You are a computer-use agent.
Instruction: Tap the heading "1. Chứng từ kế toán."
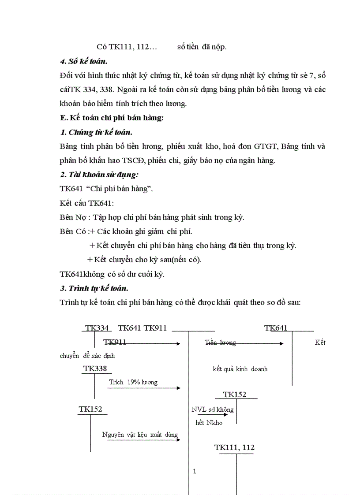click(x=96, y=132)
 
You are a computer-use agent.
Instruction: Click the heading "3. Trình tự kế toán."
click(x=94, y=288)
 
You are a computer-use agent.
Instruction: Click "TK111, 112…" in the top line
click(x=124, y=47)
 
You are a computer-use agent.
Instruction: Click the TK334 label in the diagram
click(x=97, y=328)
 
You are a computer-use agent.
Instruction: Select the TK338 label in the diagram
click(x=94, y=368)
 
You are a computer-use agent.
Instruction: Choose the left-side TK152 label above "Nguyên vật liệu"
click(x=90, y=409)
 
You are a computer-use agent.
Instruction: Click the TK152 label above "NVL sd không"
click(x=235, y=395)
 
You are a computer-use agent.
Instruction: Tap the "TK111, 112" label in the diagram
click(x=234, y=447)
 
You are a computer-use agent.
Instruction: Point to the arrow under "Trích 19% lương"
click(x=145, y=388)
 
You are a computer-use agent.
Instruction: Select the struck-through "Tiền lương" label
click(x=220, y=342)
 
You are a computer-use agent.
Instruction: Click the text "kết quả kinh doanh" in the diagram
click(x=240, y=369)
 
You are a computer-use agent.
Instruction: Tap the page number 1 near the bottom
click(x=195, y=471)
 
